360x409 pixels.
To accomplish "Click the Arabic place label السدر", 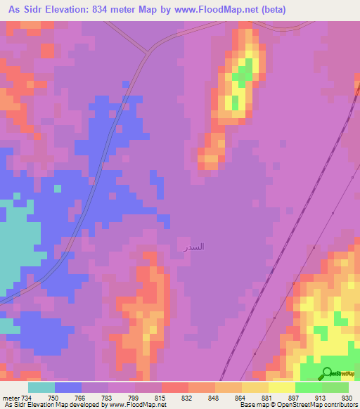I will coord(194,247).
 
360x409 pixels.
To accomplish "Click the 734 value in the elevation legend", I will coord(27,398).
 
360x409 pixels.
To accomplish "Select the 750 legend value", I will coord(53,398).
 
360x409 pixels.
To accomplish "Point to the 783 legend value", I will coord(107,398).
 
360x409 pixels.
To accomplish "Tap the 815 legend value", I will coord(160,398).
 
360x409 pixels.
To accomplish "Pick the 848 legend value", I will coord(214,398).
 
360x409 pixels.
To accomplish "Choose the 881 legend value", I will coord(267,398).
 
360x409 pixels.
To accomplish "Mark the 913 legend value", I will coord(321,398).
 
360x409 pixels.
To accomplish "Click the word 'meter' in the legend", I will coord(10,398).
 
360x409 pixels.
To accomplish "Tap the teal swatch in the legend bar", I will coord(41,387).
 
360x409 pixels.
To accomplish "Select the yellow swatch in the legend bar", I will coord(282,387).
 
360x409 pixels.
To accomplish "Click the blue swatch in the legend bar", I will coord(68,387).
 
